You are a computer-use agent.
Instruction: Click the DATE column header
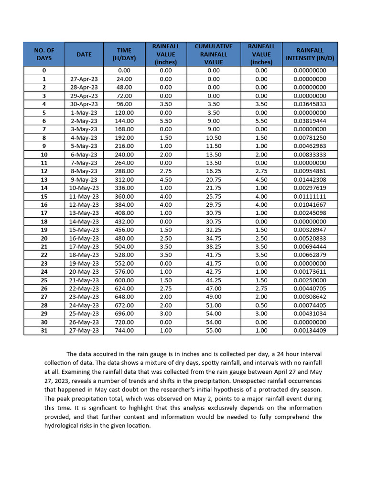coord(84,54)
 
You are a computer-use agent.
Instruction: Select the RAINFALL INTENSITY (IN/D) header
coord(310,54)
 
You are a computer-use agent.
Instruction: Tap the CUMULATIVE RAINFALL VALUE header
coord(214,54)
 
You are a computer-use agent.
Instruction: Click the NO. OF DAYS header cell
coord(44,54)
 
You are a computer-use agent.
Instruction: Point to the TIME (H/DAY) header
coord(124,54)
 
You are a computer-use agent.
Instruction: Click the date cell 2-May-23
coord(84,121)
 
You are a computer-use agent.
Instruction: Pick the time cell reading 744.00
coord(124,330)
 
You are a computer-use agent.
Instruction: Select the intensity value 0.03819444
coord(310,121)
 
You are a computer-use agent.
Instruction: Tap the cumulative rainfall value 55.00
coord(214,330)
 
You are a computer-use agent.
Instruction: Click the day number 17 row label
coord(44,213)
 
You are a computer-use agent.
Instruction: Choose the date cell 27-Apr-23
coord(84,79)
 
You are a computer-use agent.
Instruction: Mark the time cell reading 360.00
coord(124,196)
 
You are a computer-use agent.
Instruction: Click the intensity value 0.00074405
coord(310,305)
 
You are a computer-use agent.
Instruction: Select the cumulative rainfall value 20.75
coord(214,179)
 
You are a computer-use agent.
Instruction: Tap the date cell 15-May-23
coord(84,230)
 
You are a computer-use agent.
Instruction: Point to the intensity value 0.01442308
coord(310,179)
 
